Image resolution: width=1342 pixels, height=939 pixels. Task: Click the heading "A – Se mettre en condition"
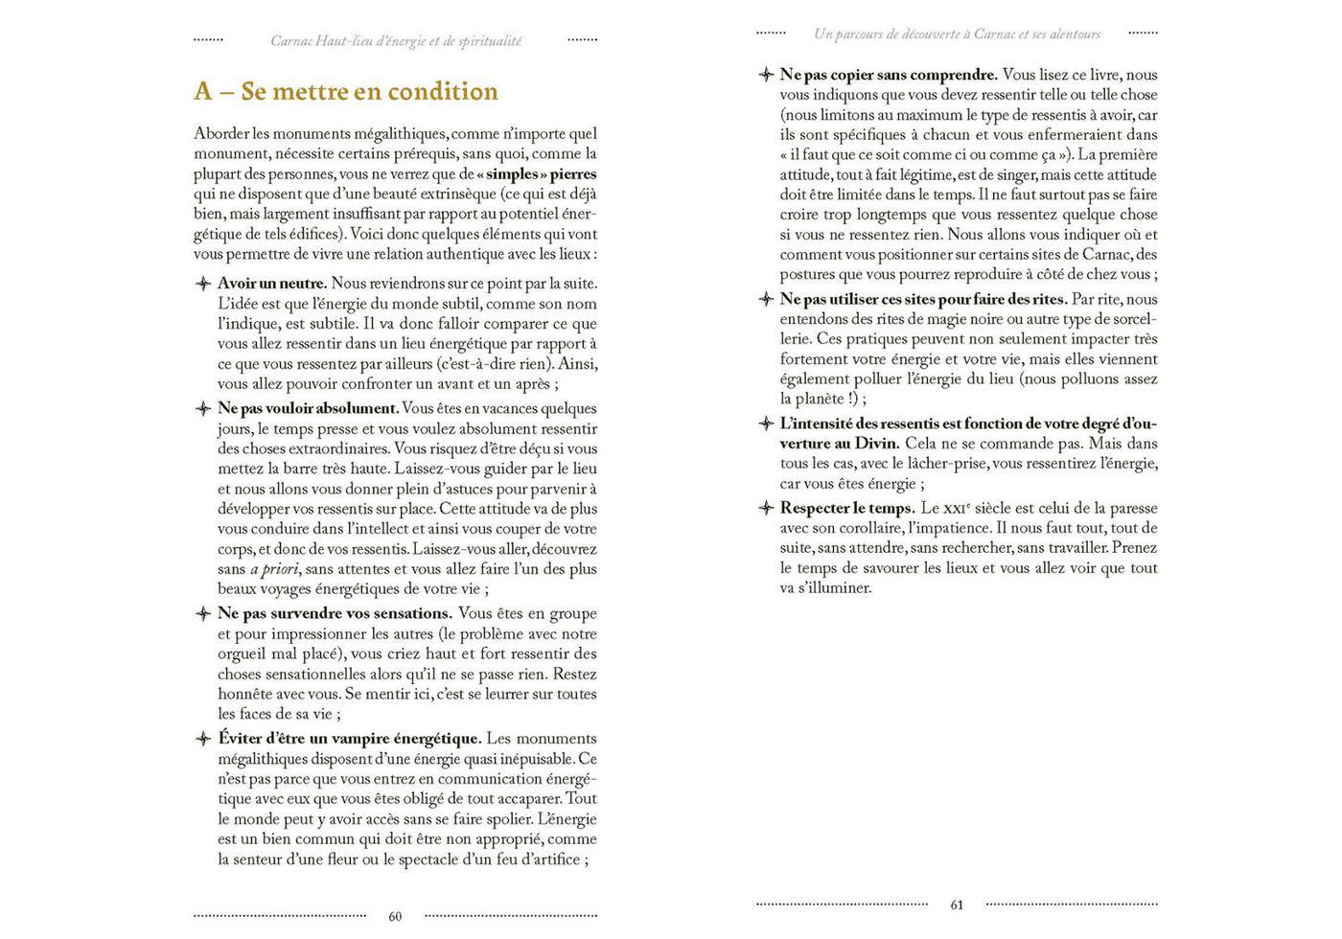[x=345, y=91]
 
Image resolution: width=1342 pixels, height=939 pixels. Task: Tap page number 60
[x=395, y=916]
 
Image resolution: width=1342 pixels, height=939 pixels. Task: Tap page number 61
[x=957, y=905]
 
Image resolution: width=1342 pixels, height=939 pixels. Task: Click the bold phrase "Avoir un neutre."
[x=272, y=284]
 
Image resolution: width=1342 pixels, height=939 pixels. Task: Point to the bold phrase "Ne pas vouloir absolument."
[x=307, y=408]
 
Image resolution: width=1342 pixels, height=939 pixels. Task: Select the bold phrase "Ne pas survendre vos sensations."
[x=335, y=613]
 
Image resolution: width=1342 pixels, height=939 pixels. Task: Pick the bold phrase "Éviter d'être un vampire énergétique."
[x=349, y=739]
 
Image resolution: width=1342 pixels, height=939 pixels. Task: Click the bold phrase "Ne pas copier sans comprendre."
[x=888, y=75]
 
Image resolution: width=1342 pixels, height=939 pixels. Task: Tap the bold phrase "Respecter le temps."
[x=846, y=508]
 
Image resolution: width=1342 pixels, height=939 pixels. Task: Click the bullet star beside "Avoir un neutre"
[x=203, y=284]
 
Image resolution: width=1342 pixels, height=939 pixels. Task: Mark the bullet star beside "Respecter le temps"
[x=765, y=508]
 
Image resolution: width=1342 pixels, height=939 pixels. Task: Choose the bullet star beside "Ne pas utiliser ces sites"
[x=765, y=299]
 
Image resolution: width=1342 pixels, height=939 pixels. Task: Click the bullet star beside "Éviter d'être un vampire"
[x=203, y=739]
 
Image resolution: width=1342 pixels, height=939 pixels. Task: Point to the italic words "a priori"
[x=270, y=569]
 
